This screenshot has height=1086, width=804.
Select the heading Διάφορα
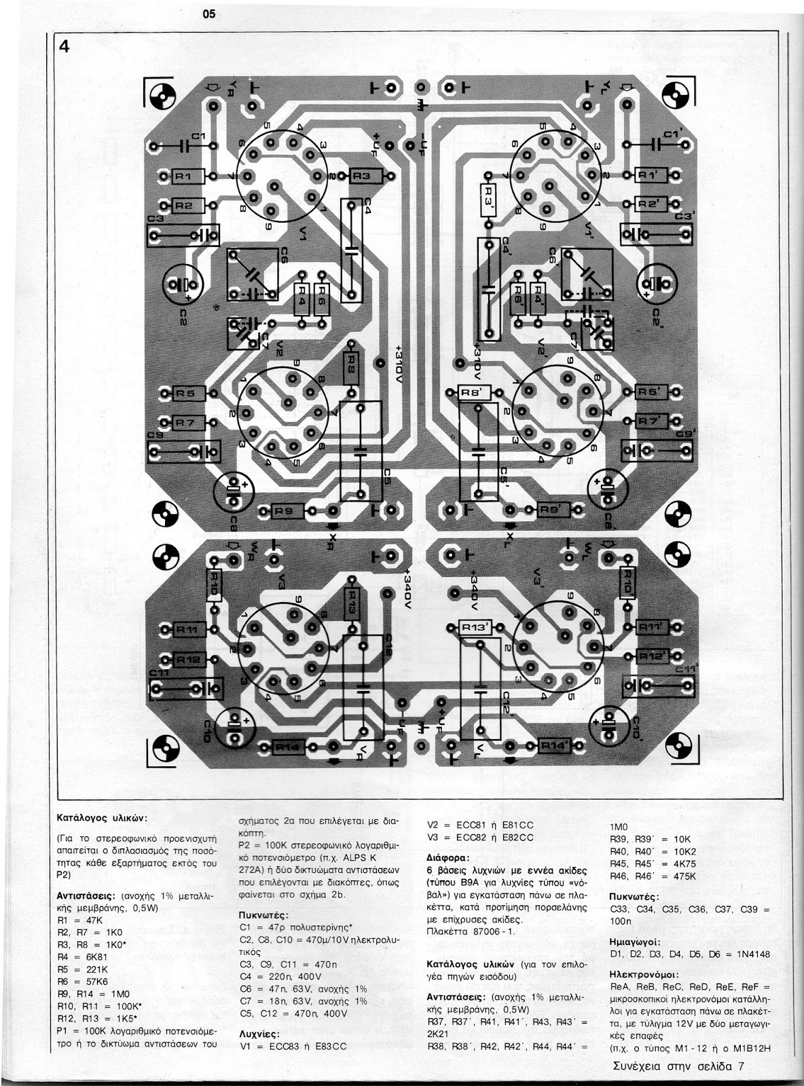click(x=450, y=857)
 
